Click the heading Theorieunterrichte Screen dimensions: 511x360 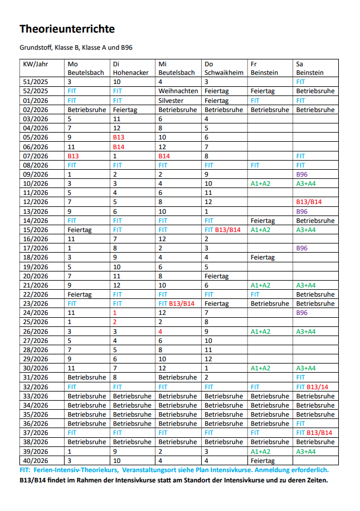coord(67,29)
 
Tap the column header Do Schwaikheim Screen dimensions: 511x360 coord(223,69)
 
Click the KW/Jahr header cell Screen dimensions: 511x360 coord(35,64)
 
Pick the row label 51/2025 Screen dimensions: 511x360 coord(35,82)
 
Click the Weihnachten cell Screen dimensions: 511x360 coord(178,91)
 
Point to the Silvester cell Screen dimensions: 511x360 coord(171,100)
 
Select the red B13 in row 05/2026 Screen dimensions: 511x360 coord(118,137)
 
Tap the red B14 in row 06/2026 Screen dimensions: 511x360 coord(118,146)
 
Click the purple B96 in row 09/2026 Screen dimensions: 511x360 coord(302,174)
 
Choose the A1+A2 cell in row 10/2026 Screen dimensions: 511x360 coord(260,183)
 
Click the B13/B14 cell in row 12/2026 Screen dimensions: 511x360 coord(309,202)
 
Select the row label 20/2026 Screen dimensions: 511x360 coord(35,276)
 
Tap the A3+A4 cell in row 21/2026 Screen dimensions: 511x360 coord(306,285)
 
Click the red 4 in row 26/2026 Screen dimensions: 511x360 coord(161,332)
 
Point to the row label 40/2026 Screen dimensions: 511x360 coord(35,461)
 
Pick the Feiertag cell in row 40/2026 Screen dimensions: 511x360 coord(262,461)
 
